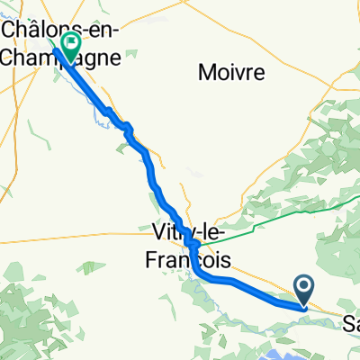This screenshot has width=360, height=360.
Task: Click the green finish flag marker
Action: (x=69, y=42)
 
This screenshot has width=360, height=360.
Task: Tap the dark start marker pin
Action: (x=304, y=287)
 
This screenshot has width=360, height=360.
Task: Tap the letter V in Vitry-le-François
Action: (x=160, y=231)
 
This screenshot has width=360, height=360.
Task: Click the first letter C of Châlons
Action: (x=13, y=29)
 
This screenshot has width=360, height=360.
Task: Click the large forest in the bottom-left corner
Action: (x=27, y=315)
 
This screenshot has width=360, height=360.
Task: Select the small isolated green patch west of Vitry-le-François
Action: (x=87, y=267)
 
